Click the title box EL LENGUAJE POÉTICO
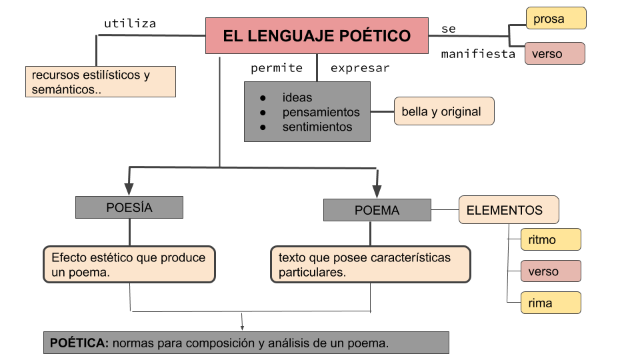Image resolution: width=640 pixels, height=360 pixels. pyautogui.click(x=317, y=36)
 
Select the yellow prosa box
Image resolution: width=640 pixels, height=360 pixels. pyautogui.click(x=556, y=19)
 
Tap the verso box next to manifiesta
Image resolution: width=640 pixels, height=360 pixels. pyautogui.click(x=555, y=54)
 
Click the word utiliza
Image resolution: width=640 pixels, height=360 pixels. pyautogui.click(x=130, y=24)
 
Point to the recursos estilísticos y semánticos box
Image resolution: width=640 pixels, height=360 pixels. pyautogui.click(x=100, y=82)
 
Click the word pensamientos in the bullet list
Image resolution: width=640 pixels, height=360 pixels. pyautogui.click(x=321, y=112)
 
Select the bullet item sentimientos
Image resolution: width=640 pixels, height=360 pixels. pyautogui.click(x=317, y=127)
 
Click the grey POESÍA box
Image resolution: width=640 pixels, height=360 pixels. pyautogui.click(x=129, y=207)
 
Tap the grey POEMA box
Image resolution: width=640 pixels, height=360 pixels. pyautogui.click(x=377, y=211)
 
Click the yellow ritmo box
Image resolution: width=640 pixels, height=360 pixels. pyautogui.click(x=551, y=240)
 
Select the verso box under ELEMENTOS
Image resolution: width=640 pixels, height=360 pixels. pyautogui.click(x=551, y=272)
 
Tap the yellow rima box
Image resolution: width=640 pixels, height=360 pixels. pyautogui.click(x=551, y=303)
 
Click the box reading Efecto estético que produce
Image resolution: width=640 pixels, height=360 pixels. pyautogui.click(x=129, y=265)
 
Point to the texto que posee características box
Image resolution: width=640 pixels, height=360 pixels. pyautogui.click(x=370, y=265)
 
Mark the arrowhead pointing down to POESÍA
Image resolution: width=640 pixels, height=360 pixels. pyautogui.click(x=129, y=189)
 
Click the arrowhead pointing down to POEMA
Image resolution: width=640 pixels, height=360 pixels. pyautogui.click(x=377, y=189)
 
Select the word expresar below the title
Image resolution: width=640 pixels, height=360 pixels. pyautogui.click(x=360, y=68)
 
